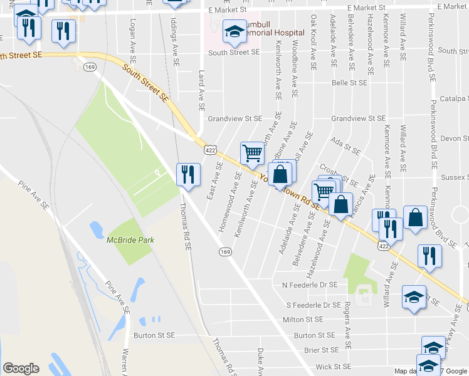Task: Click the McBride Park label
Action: [130, 239]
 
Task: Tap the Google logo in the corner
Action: [21, 368]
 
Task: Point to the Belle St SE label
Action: [349, 82]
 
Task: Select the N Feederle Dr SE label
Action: [310, 285]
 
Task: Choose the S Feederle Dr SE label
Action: [313, 305]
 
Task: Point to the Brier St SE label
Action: [321, 350]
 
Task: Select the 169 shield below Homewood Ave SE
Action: [224, 251]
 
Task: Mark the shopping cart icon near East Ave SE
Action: [252, 152]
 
